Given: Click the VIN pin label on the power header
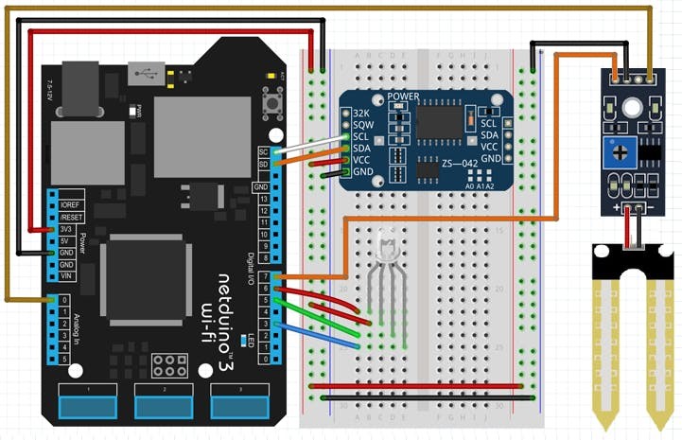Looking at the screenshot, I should pyautogui.click(x=66, y=275).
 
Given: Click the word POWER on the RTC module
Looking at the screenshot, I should pyautogui.click(x=404, y=97).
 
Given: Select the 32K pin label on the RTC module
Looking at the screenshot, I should pyautogui.click(x=361, y=113).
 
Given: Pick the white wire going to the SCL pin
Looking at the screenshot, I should pyautogui.click(x=307, y=143).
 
